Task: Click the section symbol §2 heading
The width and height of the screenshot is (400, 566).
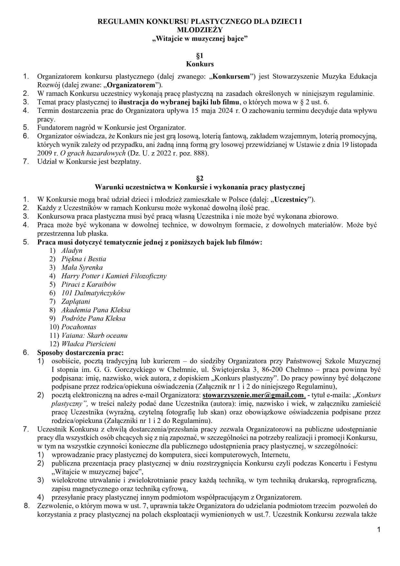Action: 200,178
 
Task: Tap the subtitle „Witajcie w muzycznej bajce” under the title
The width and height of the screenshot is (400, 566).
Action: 200,39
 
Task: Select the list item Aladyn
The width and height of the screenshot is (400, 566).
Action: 72,251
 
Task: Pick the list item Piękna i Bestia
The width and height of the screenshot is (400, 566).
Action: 83,259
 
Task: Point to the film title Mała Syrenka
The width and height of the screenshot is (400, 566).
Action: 82,267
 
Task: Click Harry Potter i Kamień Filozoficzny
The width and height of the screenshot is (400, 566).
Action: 114,276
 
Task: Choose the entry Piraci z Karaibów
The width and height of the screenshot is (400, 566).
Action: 89,284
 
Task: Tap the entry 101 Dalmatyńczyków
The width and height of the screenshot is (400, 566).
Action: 93,293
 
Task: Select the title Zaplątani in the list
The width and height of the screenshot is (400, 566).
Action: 76,302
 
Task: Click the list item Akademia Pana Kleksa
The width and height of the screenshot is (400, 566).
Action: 96,310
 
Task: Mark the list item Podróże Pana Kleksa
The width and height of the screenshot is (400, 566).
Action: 93,319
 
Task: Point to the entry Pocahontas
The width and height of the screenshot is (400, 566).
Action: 79,327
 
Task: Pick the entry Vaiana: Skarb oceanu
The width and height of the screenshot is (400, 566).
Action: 94,335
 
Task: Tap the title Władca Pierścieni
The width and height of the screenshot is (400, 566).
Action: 88,344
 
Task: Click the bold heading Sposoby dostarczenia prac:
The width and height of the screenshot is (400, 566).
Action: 81,353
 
